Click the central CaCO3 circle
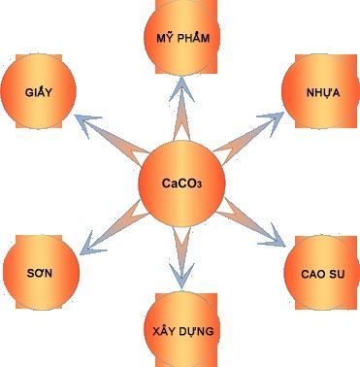pyautogui.click(x=181, y=183)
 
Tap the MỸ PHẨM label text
pyautogui.click(x=183, y=38)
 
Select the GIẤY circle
pyautogui.click(x=39, y=91)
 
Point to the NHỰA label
pyautogui.click(x=323, y=92)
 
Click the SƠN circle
pyautogui.click(x=41, y=272)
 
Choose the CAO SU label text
pyautogui.click(x=323, y=274)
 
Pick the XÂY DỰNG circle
pyautogui.click(x=182, y=330)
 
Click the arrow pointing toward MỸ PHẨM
pyautogui.click(x=181, y=109)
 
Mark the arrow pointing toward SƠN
pyautogui.click(x=115, y=227)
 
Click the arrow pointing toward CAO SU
pyautogui.click(x=250, y=222)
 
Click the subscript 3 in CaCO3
pyautogui.click(x=199, y=185)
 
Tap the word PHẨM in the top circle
pyautogui.click(x=194, y=38)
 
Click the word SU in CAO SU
pyautogui.click(x=337, y=274)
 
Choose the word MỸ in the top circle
pyautogui.click(x=165, y=38)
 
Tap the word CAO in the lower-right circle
pyautogui.click(x=312, y=274)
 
